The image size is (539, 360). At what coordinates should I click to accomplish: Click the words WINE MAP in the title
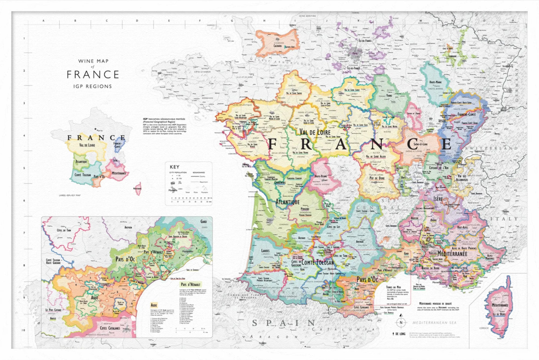[x=93, y=61]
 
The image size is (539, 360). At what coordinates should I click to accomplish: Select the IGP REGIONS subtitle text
[x=92, y=86]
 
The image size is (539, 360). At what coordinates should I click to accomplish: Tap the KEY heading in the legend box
[x=174, y=167]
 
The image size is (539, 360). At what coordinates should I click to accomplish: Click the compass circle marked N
[x=401, y=323]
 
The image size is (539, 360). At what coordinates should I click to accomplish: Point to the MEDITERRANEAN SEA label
[x=434, y=323]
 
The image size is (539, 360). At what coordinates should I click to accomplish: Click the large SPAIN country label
[x=284, y=323]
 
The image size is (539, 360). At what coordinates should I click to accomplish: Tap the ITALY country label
[x=504, y=219]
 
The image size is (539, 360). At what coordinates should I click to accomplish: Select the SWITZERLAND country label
[x=491, y=148]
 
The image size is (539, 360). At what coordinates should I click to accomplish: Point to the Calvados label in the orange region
[x=278, y=46]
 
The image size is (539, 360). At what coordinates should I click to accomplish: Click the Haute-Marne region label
[x=435, y=82]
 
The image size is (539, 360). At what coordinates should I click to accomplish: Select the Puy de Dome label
[x=377, y=178]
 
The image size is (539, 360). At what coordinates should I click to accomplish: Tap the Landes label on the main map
[x=265, y=251]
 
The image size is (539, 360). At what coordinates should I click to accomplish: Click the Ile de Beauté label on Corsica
[x=499, y=314]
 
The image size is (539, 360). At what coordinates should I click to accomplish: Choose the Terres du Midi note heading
[x=393, y=287]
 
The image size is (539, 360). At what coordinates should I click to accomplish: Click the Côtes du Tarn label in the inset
[x=64, y=230]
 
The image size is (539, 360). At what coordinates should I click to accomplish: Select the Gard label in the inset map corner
[x=203, y=221]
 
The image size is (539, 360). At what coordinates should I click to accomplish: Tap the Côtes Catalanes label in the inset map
[x=110, y=328]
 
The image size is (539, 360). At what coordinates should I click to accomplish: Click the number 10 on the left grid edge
[x=23, y=330]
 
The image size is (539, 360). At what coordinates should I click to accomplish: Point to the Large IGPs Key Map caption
[x=70, y=195]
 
